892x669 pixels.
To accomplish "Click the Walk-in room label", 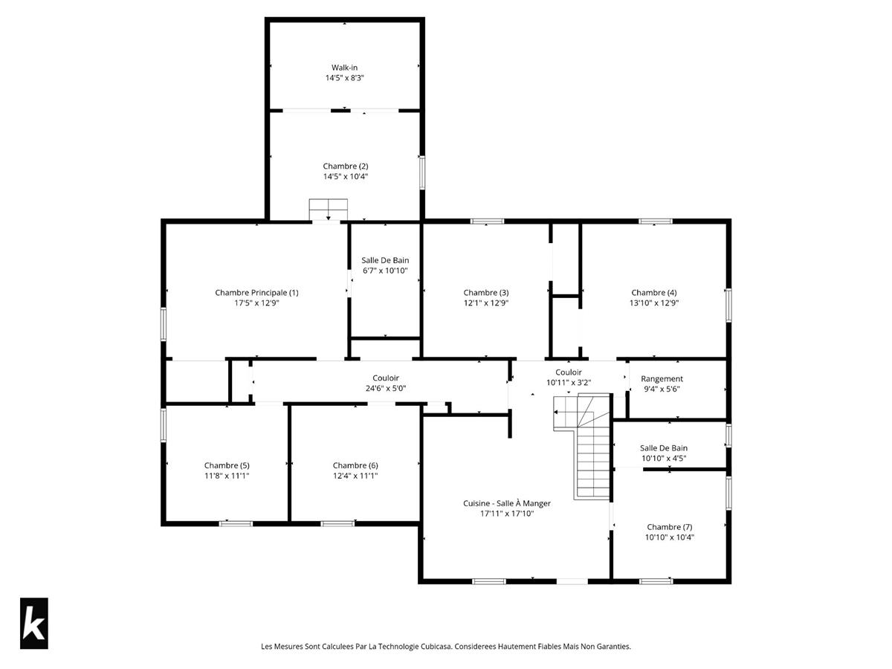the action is tap(344, 68).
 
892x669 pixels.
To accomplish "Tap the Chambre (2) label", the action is tap(346, 166).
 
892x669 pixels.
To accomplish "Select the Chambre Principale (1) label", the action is tap(256, 292).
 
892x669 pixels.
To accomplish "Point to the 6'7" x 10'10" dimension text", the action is tap(385, 271).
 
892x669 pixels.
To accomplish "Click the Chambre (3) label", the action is tap(486, 292).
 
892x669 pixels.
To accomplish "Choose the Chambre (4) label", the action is tap(654, 292).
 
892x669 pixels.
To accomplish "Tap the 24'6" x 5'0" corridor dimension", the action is tap(386, 388).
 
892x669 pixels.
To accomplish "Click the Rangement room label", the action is tap(662, 378).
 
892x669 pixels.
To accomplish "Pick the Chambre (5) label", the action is tap(227, 465).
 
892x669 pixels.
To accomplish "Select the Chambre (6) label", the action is tap(355, 465).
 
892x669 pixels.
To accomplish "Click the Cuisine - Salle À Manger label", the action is tap(507, 503).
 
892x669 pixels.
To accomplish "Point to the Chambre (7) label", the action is tap(669, 527).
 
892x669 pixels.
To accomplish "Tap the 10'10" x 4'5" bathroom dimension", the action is tap(664, 459).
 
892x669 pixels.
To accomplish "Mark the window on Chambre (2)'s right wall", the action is tap(422, 172).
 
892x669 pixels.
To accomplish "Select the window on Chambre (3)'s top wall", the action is tap(487, 222).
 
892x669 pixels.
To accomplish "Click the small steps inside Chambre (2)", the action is tap(329, 210).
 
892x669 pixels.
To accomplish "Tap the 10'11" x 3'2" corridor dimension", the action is tap(569, 383).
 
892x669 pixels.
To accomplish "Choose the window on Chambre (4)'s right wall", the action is tap(728, 306).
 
